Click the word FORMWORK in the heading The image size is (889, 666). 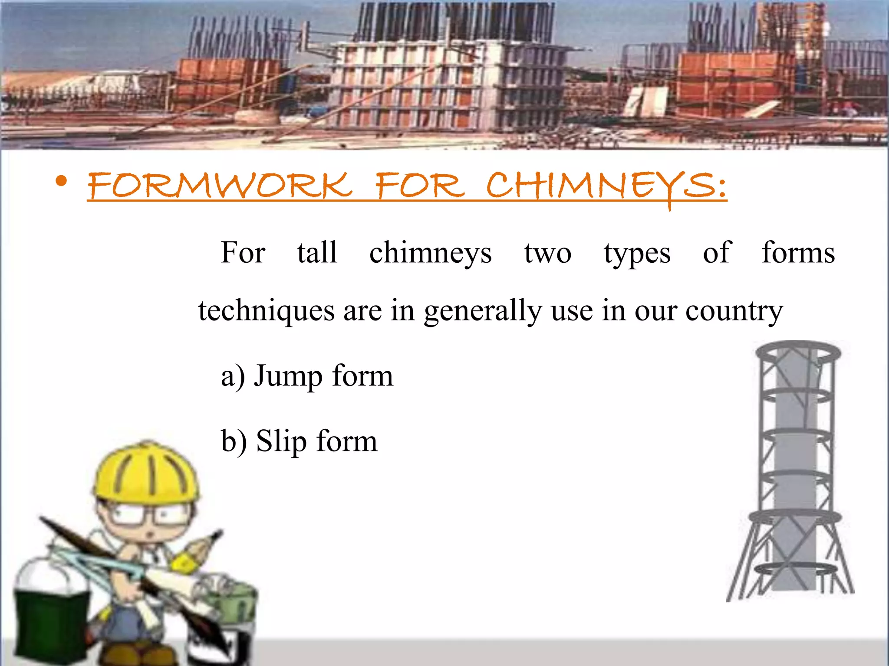219,186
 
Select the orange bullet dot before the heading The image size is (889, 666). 62,181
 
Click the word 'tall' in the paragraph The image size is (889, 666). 317,252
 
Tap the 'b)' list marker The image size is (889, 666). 234,442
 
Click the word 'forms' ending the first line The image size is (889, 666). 798,252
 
